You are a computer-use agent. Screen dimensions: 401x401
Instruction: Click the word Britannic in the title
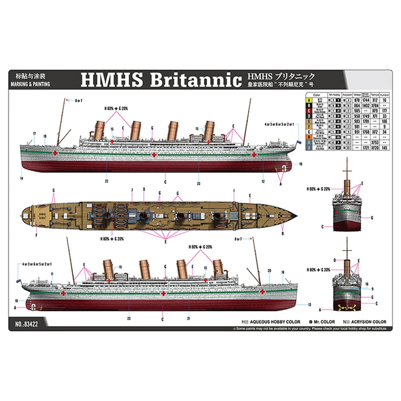[x=196, y=80]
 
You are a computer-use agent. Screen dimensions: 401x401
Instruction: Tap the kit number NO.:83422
[x=27, y=324]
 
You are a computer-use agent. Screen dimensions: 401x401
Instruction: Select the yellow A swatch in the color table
[x=309, y=100]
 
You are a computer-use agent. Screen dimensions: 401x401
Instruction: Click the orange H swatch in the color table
[x=309, y=137]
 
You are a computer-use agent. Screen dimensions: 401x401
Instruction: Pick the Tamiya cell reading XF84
[x=375, y=105]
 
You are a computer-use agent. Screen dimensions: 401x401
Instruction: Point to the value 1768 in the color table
[x=366, y=132]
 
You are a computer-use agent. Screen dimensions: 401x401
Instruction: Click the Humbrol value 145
[x=384, y=148]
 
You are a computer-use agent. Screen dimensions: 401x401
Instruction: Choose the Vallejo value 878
[x=357, y=100]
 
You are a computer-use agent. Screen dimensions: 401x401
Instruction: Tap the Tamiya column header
[x=375, y=95]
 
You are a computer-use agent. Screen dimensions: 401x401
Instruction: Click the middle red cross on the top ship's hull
[x=153, y=155]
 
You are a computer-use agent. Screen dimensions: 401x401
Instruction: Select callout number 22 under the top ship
[x=107, y=181]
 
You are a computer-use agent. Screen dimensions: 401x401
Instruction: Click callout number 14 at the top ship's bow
[x=22, y=178]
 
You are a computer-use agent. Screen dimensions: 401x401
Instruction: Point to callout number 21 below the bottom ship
[x=188, y=318]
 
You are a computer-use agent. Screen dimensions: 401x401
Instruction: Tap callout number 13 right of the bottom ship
[x=310, y=305]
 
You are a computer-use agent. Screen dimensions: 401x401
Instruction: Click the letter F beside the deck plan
[x=36, y=235]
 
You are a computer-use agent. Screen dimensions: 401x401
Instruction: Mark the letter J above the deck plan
[x=132, y=190]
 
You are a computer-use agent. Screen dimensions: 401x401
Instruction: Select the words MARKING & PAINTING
[x=31, y=84]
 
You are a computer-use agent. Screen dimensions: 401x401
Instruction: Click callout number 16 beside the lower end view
[x=367, y=284]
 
